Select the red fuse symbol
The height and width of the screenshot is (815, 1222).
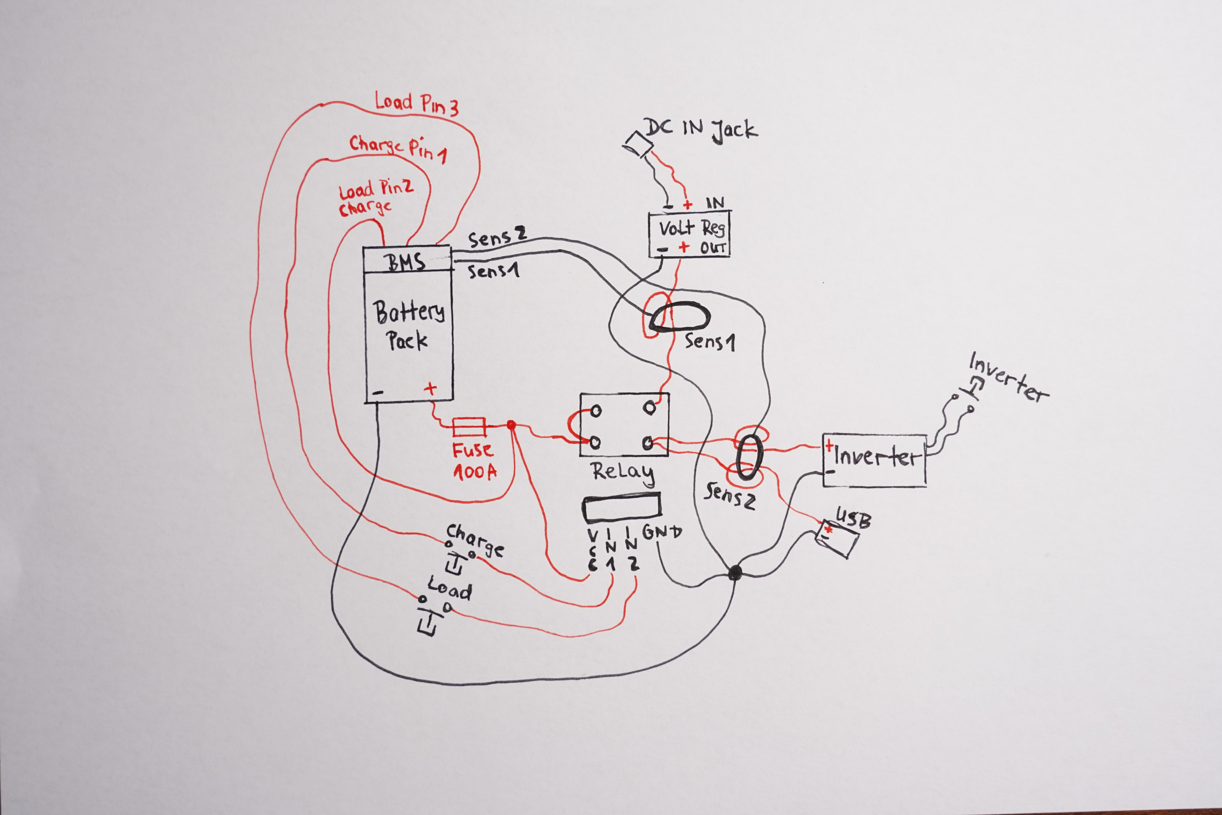(x=469, y=427)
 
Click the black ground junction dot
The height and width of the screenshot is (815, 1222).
(x=734, y=573)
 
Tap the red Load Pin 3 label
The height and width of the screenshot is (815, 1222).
(x=417, y=104)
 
